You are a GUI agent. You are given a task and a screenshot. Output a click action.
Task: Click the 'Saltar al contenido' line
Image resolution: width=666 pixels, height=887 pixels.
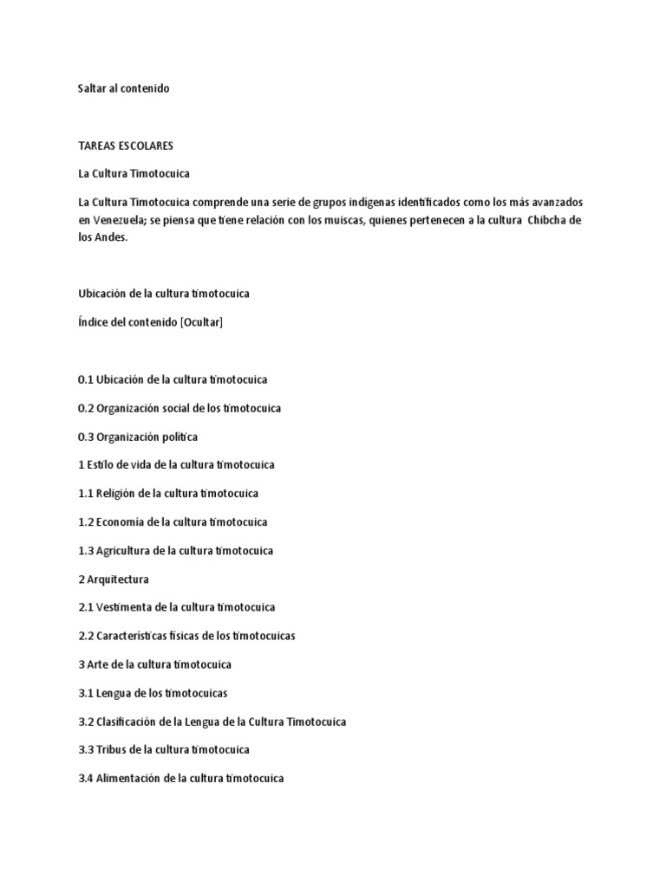[x=123, y=88]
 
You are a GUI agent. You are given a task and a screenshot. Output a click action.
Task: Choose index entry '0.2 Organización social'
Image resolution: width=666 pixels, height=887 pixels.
[x=179, y=408]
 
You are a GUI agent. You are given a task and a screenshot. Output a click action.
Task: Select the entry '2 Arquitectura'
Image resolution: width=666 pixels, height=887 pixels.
[x=113, y=579]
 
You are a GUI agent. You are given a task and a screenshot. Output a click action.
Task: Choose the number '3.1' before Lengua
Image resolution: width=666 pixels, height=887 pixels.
[x=85, y=693]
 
